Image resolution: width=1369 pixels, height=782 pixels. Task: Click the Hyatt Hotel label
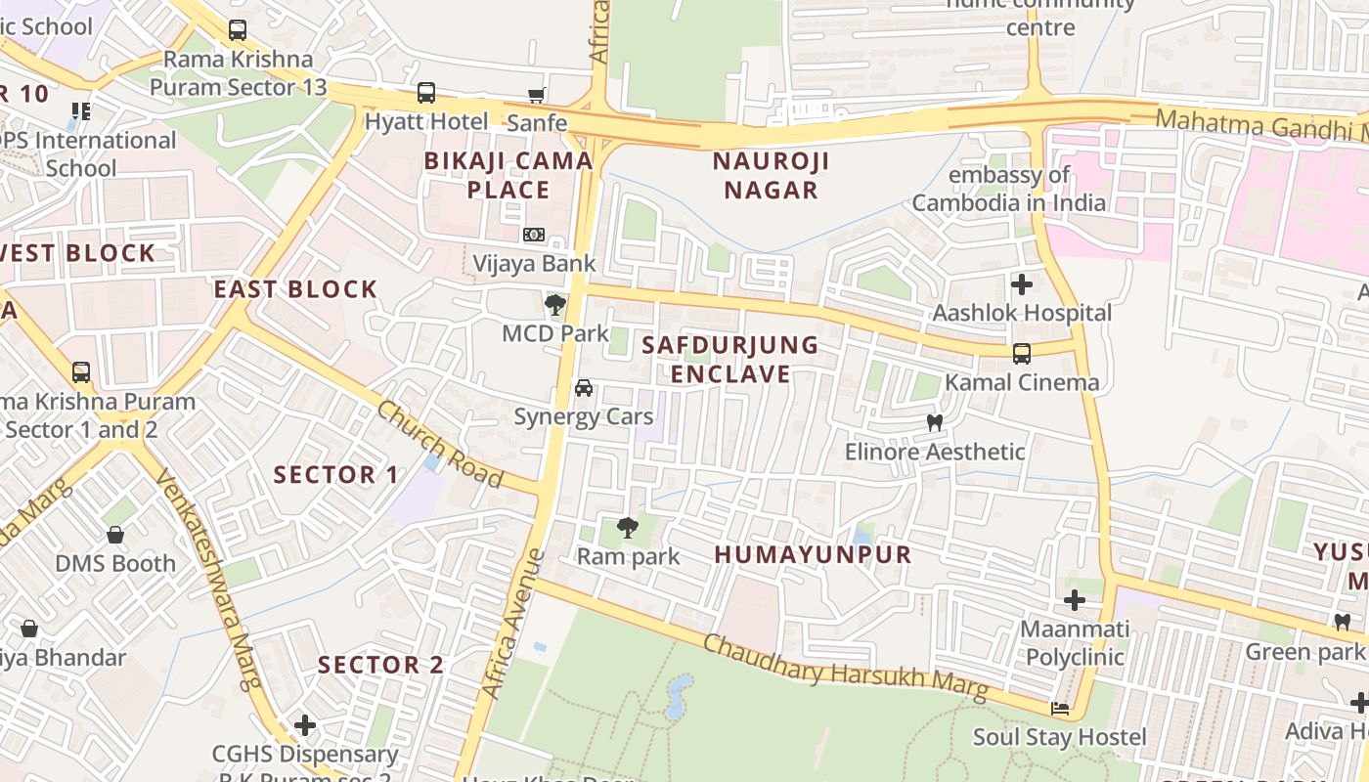point(425,122)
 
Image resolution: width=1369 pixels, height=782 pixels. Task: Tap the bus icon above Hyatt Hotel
point(426,94)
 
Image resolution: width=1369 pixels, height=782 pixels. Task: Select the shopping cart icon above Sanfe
point(536,95)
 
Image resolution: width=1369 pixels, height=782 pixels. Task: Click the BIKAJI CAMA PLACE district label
point(508,175)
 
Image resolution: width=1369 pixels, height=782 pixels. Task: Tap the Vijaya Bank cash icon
point(533,235)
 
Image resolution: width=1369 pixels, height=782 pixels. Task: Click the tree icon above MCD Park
point(554,305)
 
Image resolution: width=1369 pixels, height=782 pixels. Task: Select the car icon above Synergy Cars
point(584,388)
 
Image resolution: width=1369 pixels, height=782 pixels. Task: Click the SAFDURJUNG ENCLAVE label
point(730,359)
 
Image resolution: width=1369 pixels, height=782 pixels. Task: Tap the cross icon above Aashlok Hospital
point(1022,284)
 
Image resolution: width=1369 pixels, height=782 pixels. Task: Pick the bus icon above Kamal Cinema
point(1022,353)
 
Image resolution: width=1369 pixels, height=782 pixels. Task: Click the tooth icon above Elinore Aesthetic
point(935,422)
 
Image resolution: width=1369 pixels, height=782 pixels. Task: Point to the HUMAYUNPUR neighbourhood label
point(813,554)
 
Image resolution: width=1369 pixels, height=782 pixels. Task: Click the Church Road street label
point(439,445)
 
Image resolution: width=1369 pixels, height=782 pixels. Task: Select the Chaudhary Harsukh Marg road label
point(846,669)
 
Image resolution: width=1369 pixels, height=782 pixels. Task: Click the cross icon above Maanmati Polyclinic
point(1075,599)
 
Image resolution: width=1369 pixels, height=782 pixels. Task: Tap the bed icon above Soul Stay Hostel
point(1059,709)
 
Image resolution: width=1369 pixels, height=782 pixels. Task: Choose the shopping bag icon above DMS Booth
point(115,535)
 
